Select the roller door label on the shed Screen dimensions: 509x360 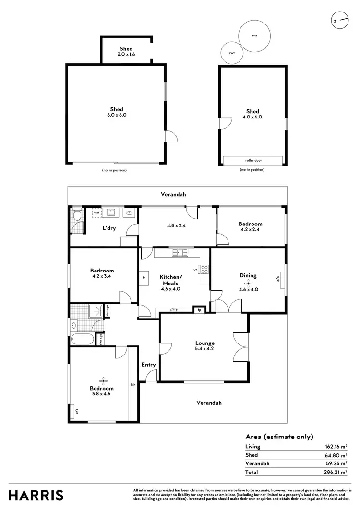[x=253, y=160]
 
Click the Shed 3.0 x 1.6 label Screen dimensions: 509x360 [x=126, y=52]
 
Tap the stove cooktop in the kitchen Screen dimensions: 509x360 [x=204, y=269]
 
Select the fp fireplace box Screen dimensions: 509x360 [x=198, y=310]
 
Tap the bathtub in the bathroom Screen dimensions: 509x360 [x=82, y=339]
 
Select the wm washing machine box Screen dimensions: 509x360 [x=96, y=212]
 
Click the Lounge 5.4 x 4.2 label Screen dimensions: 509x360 [x=204, y=346]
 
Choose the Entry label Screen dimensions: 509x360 [x=148, y=365]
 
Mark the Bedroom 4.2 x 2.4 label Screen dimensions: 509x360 [x=251, y=226]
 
